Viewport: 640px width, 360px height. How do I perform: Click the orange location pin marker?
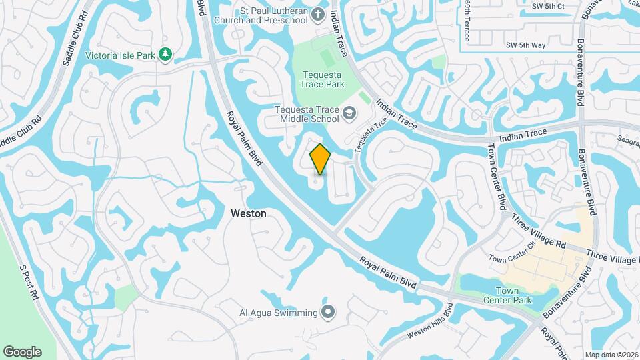click(320, 159)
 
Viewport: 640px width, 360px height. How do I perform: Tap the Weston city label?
click(248, 214)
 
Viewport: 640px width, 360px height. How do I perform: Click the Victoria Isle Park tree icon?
click(166, 54)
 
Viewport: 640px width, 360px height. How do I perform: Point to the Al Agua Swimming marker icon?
click(328, 312)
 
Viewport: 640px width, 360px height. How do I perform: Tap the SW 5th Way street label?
click(525, 45)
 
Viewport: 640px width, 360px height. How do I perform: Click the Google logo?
click(22, 352)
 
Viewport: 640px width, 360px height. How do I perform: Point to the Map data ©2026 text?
click(611, 355)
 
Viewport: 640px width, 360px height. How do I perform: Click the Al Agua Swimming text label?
click(278, 312)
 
